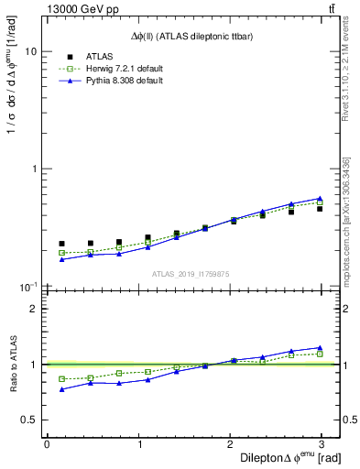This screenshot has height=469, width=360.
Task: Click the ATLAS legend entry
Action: point(101,57)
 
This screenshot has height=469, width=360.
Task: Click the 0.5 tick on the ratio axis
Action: point(32,420)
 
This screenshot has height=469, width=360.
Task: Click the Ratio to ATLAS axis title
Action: point(12,364)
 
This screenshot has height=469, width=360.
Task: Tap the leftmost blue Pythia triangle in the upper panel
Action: point(61,259)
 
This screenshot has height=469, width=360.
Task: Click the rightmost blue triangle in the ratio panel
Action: point(320,348)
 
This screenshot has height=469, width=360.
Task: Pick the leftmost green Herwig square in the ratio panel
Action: point(61,378)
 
